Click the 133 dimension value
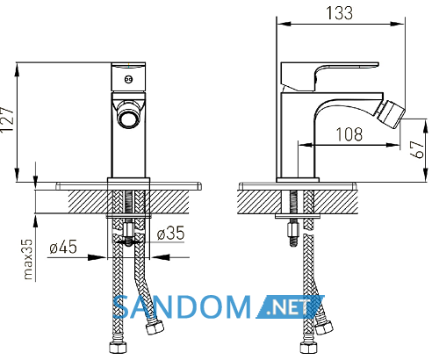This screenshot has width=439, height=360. [339, 13]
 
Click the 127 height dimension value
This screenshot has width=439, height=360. [7, 119]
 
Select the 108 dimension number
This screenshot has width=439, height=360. [349, 134]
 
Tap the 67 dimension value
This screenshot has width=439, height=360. [417, 149]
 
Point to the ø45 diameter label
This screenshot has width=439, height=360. [63, 247]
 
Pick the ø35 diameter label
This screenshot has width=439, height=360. [171, 233]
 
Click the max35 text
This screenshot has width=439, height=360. [28, 259]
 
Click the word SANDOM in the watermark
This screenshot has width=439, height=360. [182, 307]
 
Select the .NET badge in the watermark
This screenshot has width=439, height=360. [291, 307]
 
